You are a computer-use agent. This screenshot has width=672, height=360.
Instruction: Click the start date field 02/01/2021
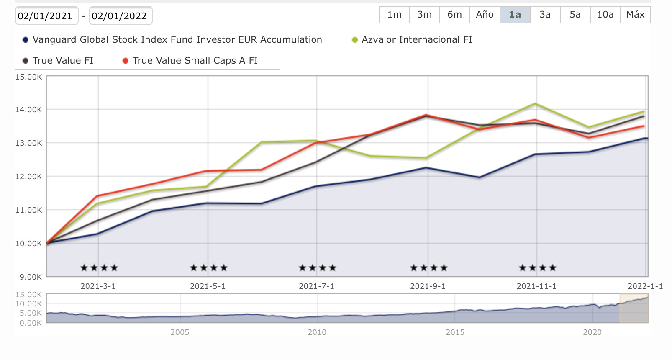[46, 16]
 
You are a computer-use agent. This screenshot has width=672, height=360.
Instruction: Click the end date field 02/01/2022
[120, 16]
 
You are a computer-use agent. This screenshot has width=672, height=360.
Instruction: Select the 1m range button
[394, 15]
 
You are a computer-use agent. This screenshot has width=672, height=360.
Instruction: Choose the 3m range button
[424, 15]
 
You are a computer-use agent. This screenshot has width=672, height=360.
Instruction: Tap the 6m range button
[454, 15]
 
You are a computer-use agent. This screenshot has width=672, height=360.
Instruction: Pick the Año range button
[485, 15]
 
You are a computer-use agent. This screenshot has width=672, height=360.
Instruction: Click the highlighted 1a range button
[515, 15]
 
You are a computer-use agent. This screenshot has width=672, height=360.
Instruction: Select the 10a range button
[605, 15]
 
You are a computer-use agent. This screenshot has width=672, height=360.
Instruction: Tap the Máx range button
[635, 15]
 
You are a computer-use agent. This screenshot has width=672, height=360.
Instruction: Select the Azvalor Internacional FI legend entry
[416, 40]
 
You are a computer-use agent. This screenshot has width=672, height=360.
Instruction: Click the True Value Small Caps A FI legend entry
[195, 61]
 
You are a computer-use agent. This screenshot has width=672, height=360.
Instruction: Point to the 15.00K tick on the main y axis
[28, 77]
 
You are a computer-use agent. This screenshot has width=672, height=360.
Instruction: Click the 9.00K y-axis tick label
[30, 277]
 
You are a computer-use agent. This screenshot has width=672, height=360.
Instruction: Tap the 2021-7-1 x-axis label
[316, 286]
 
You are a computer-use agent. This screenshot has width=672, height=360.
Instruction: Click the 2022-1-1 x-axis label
[645, 286]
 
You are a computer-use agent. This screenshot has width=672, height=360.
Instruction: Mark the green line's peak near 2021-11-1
[535, 103]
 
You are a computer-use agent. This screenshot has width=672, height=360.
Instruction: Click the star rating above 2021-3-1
[99, 268]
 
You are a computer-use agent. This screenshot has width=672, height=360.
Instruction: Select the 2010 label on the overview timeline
[317, 332]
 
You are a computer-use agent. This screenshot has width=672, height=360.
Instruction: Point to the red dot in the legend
[125, 61]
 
